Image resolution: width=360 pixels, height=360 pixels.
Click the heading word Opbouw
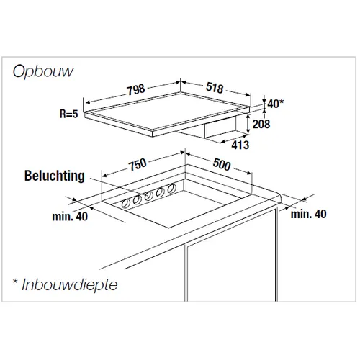(43, 71)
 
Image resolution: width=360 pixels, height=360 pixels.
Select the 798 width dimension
(136, 89)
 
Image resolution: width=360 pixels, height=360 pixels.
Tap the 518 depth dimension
(215, 88)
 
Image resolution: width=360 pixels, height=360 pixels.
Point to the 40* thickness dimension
(276, 104)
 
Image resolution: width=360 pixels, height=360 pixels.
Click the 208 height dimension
(261, 124)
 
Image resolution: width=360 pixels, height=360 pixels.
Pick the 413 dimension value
(240, 145)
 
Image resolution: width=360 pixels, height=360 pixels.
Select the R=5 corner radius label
(69, 114)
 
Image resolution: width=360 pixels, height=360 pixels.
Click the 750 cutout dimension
(138, 165)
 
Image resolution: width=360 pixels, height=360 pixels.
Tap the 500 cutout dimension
(222, 164)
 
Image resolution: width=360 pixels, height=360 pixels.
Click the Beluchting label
(55, 176)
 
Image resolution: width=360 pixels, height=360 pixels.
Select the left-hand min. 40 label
(70, 217)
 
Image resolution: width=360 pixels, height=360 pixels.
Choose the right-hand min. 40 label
(308, 214)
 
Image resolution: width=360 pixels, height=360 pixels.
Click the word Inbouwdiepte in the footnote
(70, 285)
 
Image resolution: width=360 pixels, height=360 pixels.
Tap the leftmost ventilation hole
(125, 204)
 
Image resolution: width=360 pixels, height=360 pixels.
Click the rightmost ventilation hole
(171, 189)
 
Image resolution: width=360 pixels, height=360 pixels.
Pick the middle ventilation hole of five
(148, 196)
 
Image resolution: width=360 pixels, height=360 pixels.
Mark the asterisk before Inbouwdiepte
(15, 282)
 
